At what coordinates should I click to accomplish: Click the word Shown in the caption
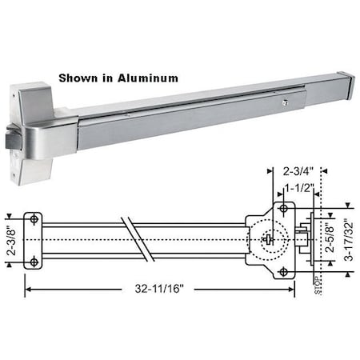[78, 78]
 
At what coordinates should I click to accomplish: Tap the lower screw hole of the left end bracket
[34, 263]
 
